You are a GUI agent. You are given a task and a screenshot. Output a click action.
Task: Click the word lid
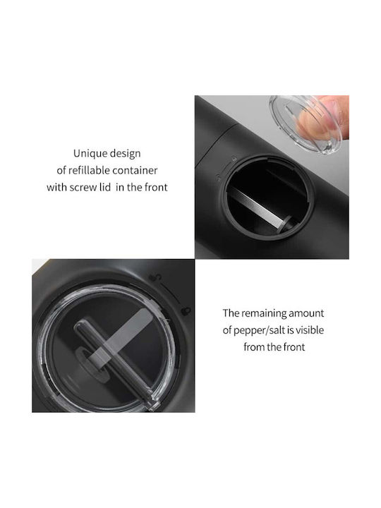(x=105, y=187)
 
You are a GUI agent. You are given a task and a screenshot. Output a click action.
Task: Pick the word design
(x=125, y=154)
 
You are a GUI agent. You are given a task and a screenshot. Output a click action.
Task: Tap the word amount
(x=306, y=313)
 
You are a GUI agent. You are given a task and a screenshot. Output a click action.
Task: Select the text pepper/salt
(x=259, y=330)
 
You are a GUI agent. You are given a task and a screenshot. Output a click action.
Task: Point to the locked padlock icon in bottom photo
(x=186, y=311)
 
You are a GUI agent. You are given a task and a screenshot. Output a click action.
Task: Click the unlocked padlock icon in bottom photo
(x=155, y=277)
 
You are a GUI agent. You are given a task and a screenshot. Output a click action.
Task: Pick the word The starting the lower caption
(x=231, y=313)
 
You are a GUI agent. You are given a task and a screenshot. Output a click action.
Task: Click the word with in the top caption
(x=57, y=187)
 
